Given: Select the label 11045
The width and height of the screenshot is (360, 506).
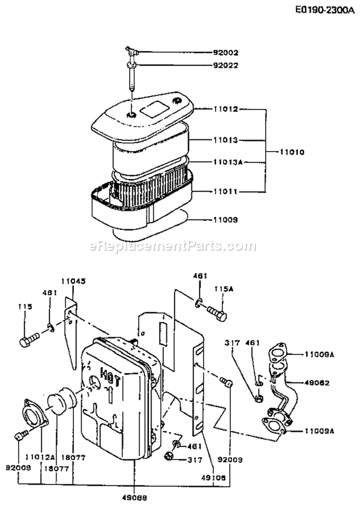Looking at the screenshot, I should coord(73,282).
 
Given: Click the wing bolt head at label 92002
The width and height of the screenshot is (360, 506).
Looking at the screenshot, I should coord(131,49).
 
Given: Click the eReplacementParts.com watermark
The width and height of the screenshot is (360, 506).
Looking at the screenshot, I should coord(173,246).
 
